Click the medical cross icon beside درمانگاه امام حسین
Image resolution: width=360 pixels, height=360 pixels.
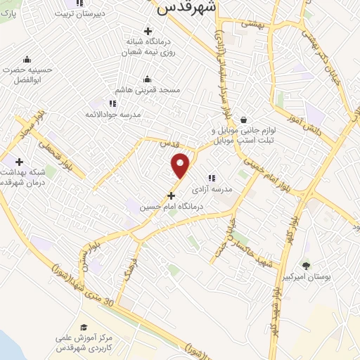click(x=171, y=195)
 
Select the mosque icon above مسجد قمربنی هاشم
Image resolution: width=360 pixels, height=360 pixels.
click(x=147, y=79)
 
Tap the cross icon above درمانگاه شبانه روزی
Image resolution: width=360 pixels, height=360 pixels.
click(x=148, y=31)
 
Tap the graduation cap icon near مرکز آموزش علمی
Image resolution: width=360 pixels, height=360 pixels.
click(x=84, y=327)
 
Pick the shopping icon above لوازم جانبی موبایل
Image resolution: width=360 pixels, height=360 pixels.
click(x=243, y=120)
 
